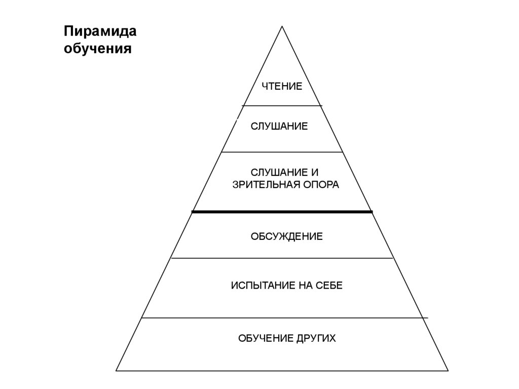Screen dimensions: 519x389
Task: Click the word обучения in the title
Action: click(x=98, y=50)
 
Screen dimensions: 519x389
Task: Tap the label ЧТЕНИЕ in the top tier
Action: click(x=282, y=86)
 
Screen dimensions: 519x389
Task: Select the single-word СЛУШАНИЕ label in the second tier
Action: click(x=279, y=126)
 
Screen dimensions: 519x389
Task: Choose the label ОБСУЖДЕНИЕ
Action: click(x=286, y=237)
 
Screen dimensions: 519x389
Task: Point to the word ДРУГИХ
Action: click(x=316, y=338)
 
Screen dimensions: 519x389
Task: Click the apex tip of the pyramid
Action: click(x=282, y=26)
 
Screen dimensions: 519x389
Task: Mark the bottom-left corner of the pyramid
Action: click(x=117, y=371)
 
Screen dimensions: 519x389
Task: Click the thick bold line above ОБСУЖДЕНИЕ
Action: click(x=282, y=211)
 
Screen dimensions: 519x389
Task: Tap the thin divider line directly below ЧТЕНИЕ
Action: click(x=282, y=105)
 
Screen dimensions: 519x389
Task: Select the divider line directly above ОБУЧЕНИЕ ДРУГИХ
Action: click(x=284, y=318)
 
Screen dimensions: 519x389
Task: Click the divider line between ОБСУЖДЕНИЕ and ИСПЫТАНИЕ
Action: click(x=282, y=258)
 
